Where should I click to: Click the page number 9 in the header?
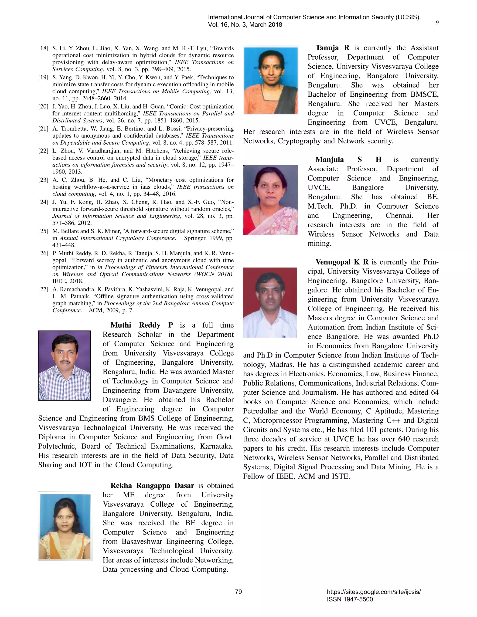click(437, 23)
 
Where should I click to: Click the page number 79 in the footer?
click(238, 592)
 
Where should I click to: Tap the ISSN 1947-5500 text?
click(350, 599)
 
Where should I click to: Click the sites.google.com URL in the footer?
click(374, 592)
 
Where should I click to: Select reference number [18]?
click(44, 48)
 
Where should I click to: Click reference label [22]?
click(44, 151)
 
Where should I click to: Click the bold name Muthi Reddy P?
click(142, 325)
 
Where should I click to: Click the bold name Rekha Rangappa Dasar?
click(152, 486)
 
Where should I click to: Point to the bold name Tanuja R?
click(332, 48)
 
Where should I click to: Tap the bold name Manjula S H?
click(348, 160)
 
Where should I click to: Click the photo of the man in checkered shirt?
click(65, 365)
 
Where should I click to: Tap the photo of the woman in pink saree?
click(270, 200)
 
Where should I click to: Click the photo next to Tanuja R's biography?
click(271, 81)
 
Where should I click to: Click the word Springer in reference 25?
click(195, 238)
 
